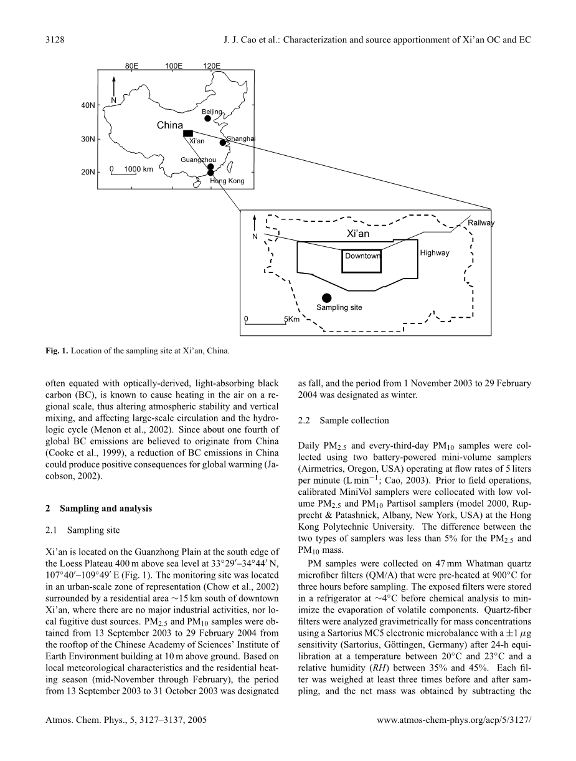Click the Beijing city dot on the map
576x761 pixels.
(x=207, y=118)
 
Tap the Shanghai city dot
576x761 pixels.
(x=222, y=142)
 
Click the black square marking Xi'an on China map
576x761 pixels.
(x=188, y=133)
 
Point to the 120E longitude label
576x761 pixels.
(x=212, y=65)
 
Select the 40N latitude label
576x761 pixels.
(x=88, y=105)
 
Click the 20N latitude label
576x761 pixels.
(x=88, y=172)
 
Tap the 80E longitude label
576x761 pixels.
(x=132, y=65)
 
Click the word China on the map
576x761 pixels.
(x=170, y=125)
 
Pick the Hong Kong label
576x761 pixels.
(x=227, y=181)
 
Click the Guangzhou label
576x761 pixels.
(x=198, y=160)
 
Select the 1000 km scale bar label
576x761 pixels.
(x=138, y=169)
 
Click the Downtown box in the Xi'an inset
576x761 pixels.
(x=362, y=261)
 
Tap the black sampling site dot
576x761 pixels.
(x=326, y=297)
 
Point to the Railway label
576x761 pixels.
(x=481, y=223)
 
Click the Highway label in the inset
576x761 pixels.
(x=434, y=253)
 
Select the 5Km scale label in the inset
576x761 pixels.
(x=291, y=319)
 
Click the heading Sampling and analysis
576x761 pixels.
(x=103, y=509)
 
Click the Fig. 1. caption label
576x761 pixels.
(x=58, y=351)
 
